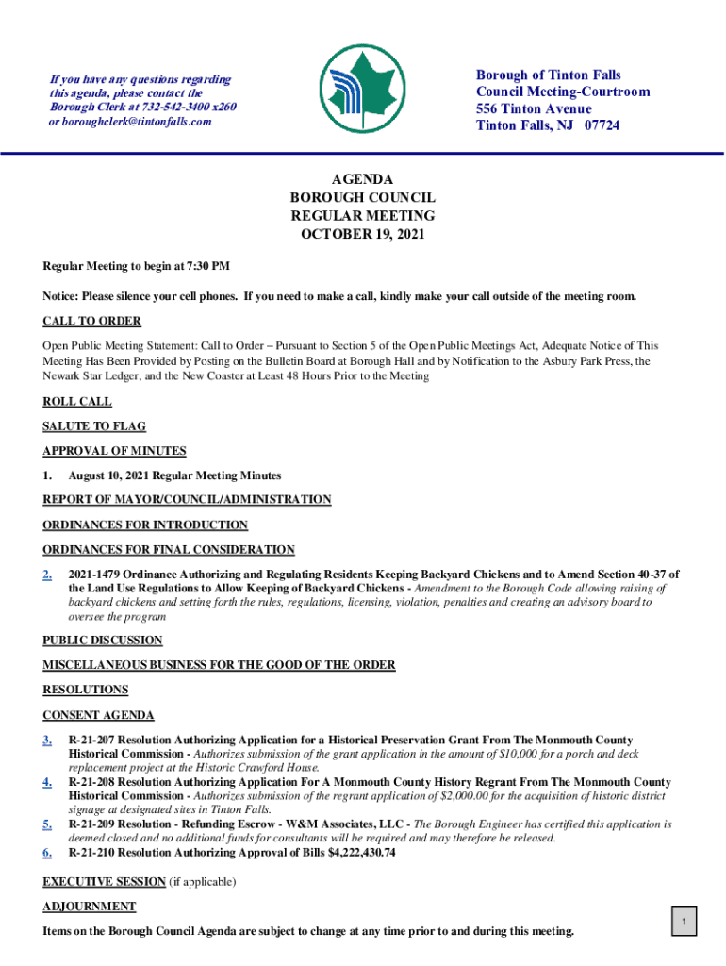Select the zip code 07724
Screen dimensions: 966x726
click(602, 125)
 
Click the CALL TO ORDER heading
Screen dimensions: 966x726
click(91, 321)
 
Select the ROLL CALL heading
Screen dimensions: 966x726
click(77, 402)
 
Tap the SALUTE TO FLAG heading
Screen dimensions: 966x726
click(94, 426)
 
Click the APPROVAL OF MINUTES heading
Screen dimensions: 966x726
click(114, 451)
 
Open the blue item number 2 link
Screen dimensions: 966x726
click(47, 575)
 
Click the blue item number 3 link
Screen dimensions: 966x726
click(47, 741)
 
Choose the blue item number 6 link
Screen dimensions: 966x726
click(47, 853)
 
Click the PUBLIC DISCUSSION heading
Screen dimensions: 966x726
click(103, 641)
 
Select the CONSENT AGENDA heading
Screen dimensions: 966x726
click(98, 715)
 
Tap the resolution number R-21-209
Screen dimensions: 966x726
click(98, 824)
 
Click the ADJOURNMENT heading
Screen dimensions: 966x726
click(89, 907)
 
